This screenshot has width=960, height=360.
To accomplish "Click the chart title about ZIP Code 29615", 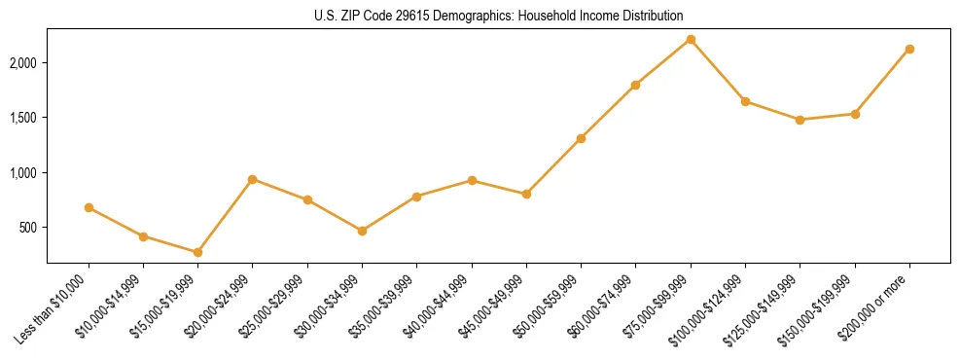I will [498, 16].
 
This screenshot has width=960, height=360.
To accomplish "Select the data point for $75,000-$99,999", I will [691, 39].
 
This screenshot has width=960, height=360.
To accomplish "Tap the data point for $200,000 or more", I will [909, 49].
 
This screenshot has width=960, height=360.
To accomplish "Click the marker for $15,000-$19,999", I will [197, 252].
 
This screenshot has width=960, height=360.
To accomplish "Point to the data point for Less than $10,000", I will [89, 207].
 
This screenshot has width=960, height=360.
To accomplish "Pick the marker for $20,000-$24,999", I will [252, 179].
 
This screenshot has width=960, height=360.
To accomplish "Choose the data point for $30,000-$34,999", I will [362, 231].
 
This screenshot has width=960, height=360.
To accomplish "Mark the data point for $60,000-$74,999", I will [635, 85].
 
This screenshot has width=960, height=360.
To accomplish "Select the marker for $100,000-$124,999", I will [745, 101].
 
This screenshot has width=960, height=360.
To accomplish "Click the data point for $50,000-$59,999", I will [581, 138].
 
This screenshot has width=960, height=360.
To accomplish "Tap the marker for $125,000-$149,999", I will [800, 120].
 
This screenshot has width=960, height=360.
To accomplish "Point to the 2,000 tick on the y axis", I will [28, 62].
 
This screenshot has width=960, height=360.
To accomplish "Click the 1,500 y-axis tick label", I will [28, 118].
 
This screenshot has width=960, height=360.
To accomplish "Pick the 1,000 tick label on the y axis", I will [28, 172].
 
